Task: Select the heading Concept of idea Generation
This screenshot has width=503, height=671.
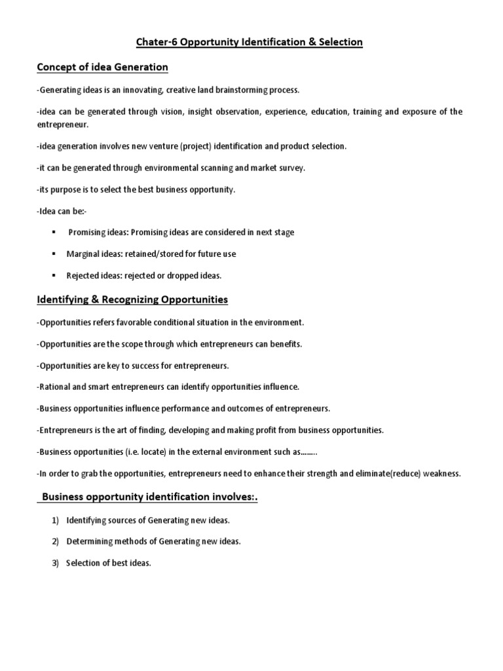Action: coord(102,67)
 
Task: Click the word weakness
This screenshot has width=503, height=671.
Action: coord(442,473)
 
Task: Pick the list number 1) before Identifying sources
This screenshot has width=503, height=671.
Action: coord(55,520)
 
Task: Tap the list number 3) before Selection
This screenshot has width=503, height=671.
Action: coord(55,563)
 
